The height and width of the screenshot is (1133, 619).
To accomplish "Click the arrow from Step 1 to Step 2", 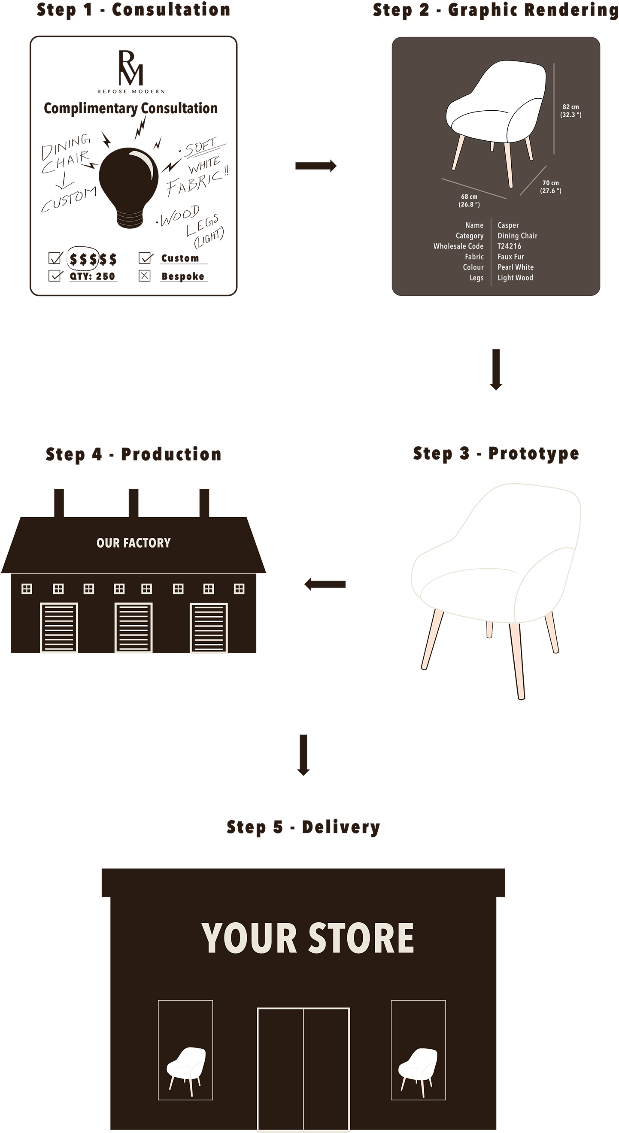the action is point(316,166).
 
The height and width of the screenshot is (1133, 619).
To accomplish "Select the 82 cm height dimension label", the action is point(570,111).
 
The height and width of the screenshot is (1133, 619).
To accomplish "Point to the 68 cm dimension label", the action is point(469,200).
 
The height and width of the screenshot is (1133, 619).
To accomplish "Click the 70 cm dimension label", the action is point(550,187).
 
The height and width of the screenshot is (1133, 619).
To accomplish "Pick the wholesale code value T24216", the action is point(509,246).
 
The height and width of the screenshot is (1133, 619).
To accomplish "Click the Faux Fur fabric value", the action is point(510,257).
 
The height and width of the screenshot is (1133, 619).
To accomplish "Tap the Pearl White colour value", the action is point(515,267).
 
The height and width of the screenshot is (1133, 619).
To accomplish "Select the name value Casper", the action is point(508,225).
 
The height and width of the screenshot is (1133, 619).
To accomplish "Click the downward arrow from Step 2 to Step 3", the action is point(496,370).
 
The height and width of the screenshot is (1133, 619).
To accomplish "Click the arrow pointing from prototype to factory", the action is point(325,585).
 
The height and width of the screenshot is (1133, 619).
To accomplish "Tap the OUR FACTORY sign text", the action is point(134,543).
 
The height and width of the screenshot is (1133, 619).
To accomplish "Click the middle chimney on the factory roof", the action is point(134,502).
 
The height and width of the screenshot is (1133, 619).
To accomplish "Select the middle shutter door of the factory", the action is point(134,627).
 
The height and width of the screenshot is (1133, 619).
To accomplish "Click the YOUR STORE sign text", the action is point(307,939).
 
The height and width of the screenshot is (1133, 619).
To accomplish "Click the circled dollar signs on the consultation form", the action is point(83,259).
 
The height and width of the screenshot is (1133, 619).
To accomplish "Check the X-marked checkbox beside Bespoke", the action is point(144,276).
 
